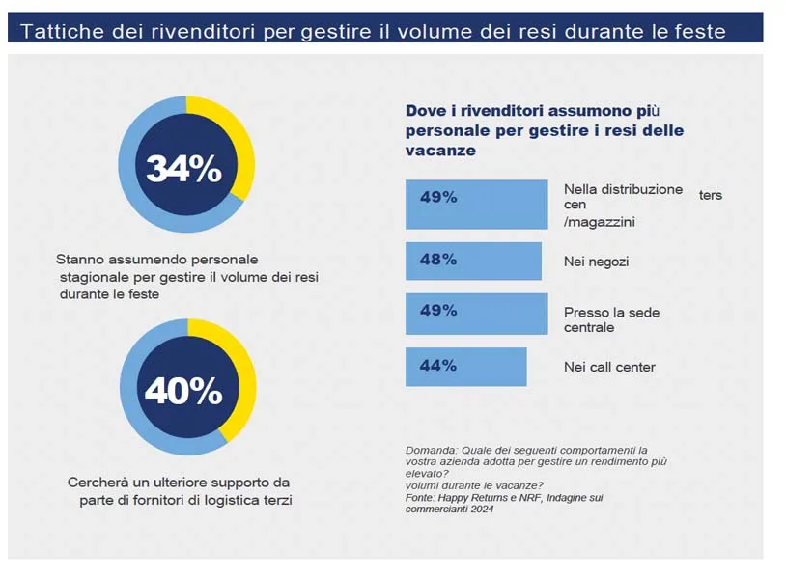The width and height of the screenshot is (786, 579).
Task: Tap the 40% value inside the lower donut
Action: (183, 390)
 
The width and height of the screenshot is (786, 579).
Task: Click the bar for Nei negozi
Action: (473, 261)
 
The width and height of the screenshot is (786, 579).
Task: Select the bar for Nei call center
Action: (465, 367)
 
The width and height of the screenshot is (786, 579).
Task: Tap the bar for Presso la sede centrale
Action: (476, 313)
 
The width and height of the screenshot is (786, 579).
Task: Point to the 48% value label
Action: (438, 260)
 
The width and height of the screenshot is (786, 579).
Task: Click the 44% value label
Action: (438, 366)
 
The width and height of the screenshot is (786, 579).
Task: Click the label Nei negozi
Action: (597, 262)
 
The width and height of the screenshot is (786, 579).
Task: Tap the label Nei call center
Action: (609, 367)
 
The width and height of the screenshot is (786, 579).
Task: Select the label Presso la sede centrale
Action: (611, 320)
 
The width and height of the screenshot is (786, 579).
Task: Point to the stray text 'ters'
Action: (711, 195)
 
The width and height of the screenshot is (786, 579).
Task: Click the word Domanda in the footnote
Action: (430, 450)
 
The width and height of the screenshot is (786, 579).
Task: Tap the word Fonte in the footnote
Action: (421, 498)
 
